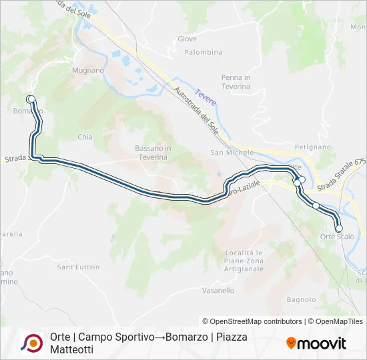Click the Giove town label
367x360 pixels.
click(x=188, y=39)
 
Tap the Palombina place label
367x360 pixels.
click(x=204, y=52)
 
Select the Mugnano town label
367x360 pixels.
click(x=88, y=70)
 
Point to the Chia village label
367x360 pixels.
click(x=85, y=137)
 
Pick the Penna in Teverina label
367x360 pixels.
click(x=236, y=82)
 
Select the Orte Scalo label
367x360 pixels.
click(x=337, y=237)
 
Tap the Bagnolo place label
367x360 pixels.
click(x=301, y=299)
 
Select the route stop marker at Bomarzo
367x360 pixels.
click(x=31, y=99)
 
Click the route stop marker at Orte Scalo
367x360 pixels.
click(x=339, y=228)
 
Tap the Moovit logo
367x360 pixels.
click(x=316, y=343)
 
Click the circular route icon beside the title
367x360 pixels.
click(x=31, y=343)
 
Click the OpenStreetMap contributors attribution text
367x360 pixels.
click(x=252, y=321)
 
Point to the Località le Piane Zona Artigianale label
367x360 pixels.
click(x=244, y=261)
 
